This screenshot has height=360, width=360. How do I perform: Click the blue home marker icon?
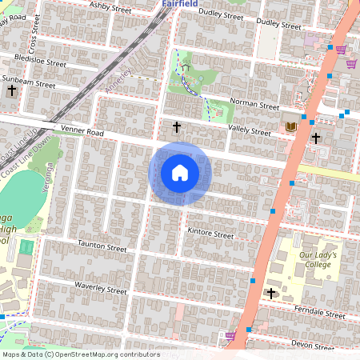click(x=180, y=173)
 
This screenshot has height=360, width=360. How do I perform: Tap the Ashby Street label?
click(x=110, y=8)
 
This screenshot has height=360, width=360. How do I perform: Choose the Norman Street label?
click(x=254, y=105)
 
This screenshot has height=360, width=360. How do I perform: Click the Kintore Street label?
click(x=210, y=235)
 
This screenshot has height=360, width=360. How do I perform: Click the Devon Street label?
click(x=313, y=344)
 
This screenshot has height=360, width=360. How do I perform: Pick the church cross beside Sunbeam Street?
click(x=11, y=90)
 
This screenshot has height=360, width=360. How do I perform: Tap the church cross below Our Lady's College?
click(x=271, y=293)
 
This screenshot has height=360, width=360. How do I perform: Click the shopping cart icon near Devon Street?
click(x=231, y=336)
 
